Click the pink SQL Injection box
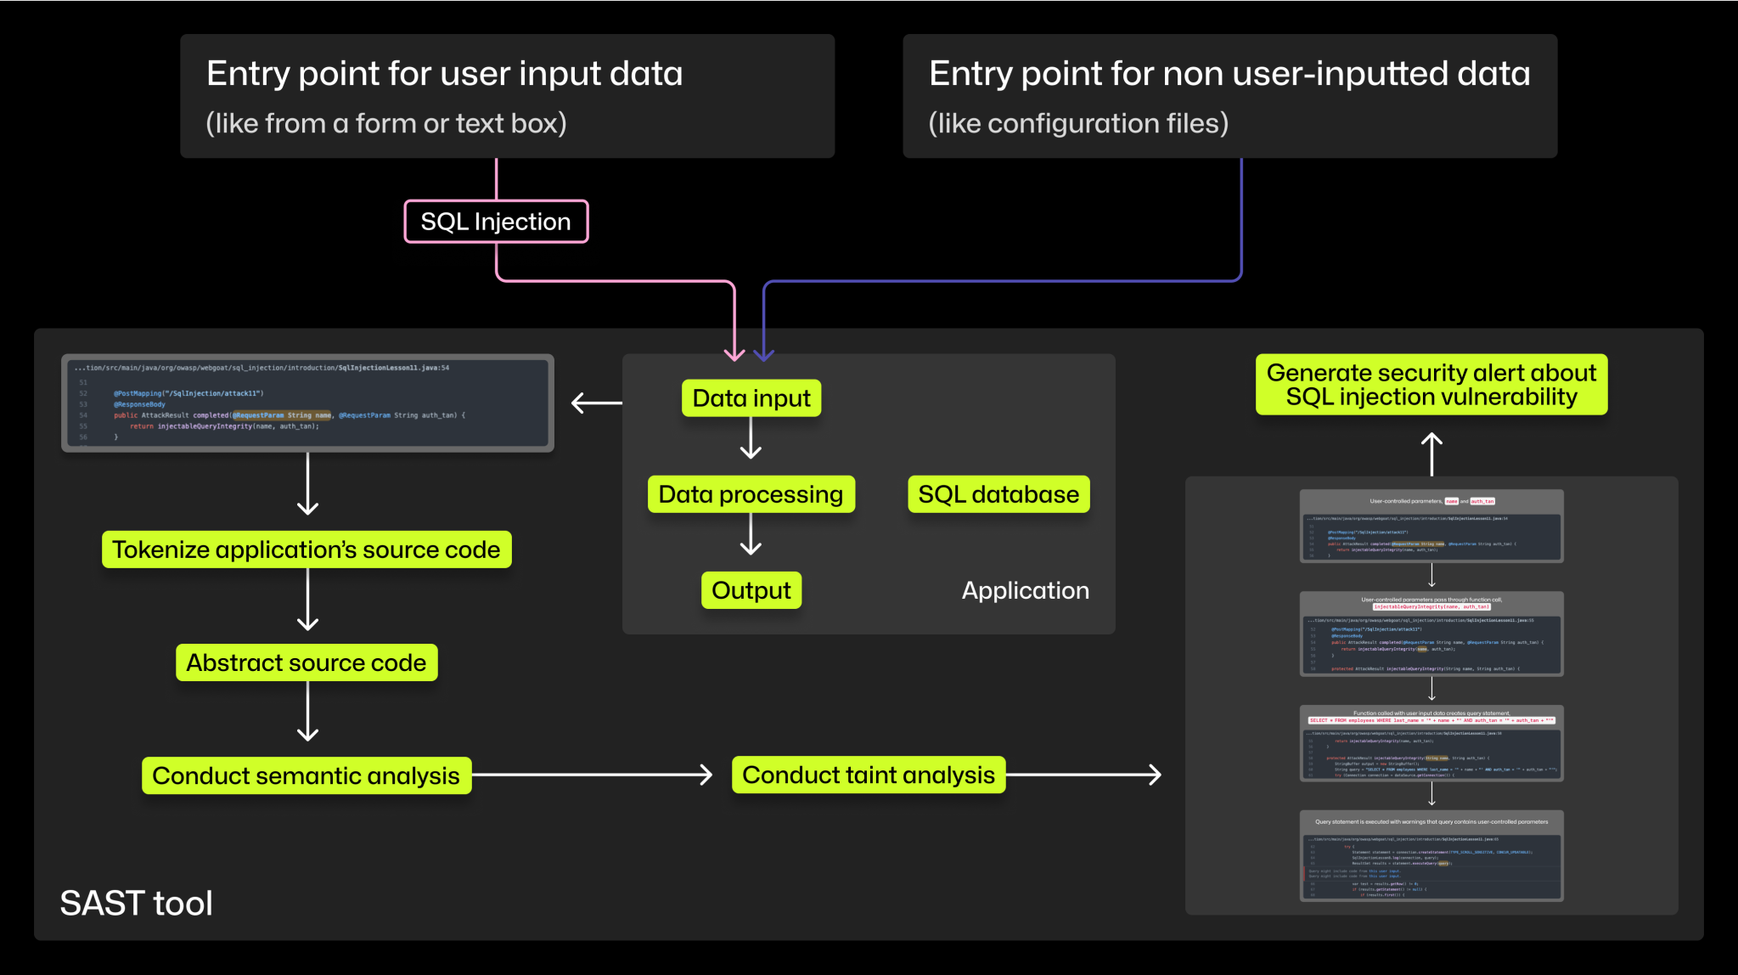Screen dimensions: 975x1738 [496, 222]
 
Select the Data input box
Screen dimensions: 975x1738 [751, 398]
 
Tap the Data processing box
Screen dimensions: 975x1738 [751, 494]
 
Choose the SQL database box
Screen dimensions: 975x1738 [998, 494]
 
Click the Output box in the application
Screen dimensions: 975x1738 [751, 590]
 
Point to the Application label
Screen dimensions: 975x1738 [1025, 590]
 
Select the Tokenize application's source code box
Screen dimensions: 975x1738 [307, 549]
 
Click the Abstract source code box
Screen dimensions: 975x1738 [307, 662]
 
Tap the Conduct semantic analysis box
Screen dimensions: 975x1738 [307, 775]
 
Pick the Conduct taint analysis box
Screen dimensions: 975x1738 [869, 775]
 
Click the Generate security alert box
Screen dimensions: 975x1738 [1431, 385]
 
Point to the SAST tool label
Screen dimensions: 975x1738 [136, 903]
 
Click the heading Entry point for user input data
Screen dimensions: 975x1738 [444, 74]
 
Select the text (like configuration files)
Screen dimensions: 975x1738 [1078, 124]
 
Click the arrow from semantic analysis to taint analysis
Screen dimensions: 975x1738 [594, 775]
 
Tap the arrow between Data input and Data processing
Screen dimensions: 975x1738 [751, 440]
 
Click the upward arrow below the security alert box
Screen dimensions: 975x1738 [1431, 454]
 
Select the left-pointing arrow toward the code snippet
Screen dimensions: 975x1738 [596, 403]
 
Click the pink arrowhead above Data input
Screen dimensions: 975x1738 [734, 352]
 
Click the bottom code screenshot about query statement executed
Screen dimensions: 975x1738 [1431, 856]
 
